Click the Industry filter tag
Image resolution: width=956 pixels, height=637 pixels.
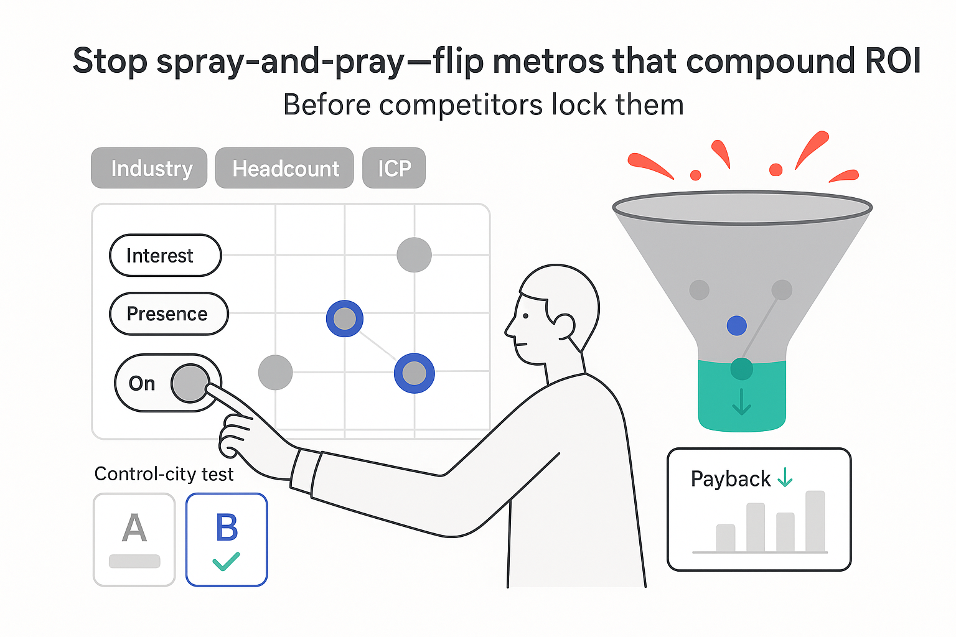coord(149,168)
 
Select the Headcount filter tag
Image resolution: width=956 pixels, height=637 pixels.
coord(284,168)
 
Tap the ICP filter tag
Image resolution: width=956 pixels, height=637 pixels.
coord(394,168)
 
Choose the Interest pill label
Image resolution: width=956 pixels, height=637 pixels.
coord(165,256)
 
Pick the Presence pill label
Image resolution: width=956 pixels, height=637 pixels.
coord(168,314)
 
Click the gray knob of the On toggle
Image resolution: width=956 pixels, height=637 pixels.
coord(190,383)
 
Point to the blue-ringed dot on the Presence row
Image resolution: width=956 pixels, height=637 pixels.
coord(345,318)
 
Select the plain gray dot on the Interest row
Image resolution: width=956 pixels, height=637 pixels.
coord(414,254)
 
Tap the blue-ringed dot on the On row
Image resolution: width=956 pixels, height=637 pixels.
coord(415,373)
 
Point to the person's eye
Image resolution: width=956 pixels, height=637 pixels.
coord(526,315)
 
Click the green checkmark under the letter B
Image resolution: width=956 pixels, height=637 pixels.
coord(226,561)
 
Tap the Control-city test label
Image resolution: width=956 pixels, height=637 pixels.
coord(164,474)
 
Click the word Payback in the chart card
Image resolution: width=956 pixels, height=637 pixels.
coord(731,479)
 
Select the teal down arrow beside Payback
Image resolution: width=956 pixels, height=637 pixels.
coord(785,477)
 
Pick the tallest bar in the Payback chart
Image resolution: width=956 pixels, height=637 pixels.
coord(815,521)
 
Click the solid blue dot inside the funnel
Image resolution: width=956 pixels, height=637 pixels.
coord(737,325)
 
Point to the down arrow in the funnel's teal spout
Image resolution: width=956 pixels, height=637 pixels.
coord(741,402)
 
